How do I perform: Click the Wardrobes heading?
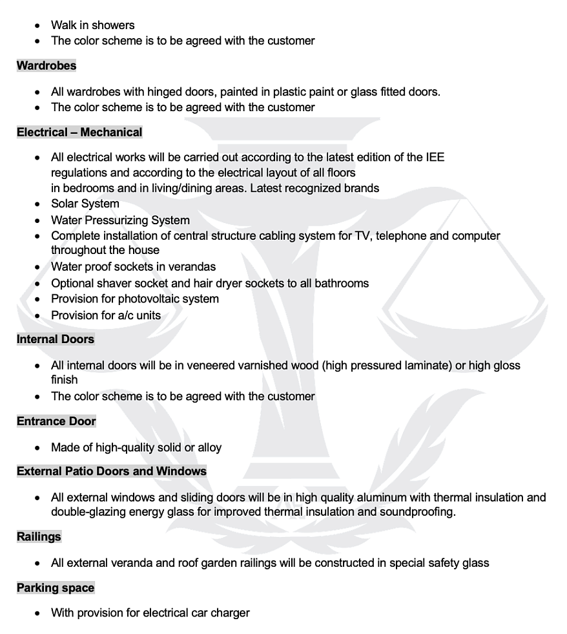(x=46, y=66)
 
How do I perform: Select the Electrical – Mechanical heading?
(x=79, y=132)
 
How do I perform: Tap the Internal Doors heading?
(x=56, y=339)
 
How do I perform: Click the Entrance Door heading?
(x=56, y=421)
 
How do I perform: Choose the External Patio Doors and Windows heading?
(x=112, y=471)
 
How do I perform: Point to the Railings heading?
(x=39, y=536)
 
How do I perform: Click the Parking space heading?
(x=56, y=588)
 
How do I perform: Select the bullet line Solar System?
(x=85, y=204)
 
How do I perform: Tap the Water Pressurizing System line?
(x=120, y=220)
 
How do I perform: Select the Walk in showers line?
(x=93, y=25)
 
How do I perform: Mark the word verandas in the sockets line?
(x=192, y=267)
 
